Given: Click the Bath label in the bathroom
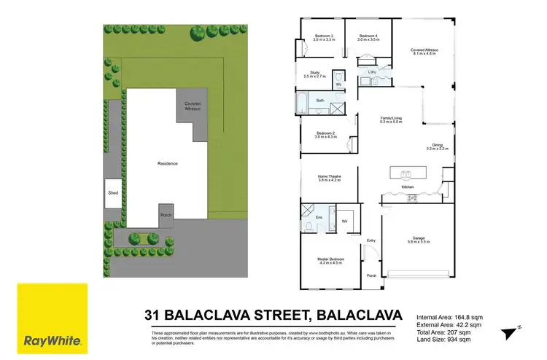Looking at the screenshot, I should point(320,101).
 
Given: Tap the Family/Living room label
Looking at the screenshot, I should point(391,120).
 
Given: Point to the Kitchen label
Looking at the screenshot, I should point(409,188).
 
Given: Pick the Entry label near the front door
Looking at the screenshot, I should point(371,240).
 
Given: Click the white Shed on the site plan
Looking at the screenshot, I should point(113,193).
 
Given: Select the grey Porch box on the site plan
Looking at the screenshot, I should point(166,216).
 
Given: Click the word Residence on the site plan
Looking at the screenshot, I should point(168,163).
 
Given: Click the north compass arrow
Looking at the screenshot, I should point(509,334).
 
